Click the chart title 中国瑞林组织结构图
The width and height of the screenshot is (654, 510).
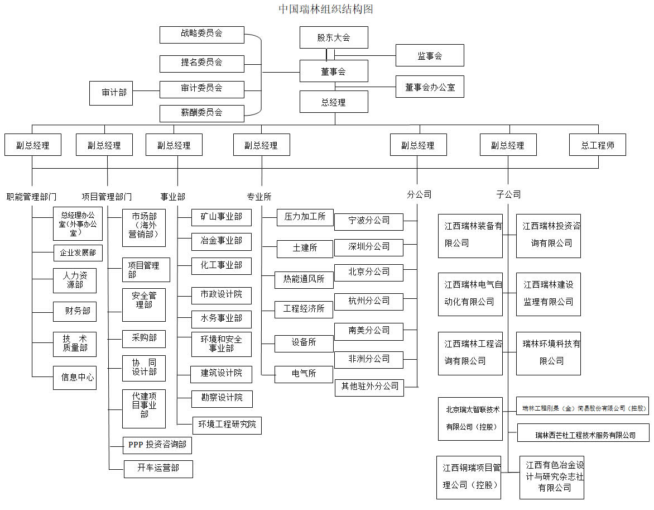[x=326, y=9]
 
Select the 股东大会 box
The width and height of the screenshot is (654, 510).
[x=334, y=37]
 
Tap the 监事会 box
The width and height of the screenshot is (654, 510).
[x=430, y=56]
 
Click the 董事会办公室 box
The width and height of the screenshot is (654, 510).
[x=430, y=87]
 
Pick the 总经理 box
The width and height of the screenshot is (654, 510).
[x=334, y=102]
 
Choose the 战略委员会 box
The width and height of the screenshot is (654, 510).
[x=201, y=34]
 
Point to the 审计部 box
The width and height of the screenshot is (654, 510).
[x=114, y=93]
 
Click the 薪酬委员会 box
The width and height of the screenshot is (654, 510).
[x=201, y=112]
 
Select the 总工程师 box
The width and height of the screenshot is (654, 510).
[x=598, y=145]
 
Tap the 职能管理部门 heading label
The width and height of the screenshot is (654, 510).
[x=31, y=197]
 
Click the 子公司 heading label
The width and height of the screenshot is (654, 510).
[x=508, y=194]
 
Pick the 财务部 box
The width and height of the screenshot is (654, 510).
[x=75, y=311]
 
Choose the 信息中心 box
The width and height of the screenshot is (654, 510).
[x=75, y=378]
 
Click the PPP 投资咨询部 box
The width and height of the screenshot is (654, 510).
[x=157, y=445]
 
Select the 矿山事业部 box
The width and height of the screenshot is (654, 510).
[x=221, y=217]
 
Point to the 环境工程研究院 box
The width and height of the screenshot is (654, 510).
[x=227, y=425]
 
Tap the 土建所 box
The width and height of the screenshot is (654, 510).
[x=305, y=247]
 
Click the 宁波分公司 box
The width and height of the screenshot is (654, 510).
[x=368, y=221]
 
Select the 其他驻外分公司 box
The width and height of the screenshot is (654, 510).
[x=369, y=387]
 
